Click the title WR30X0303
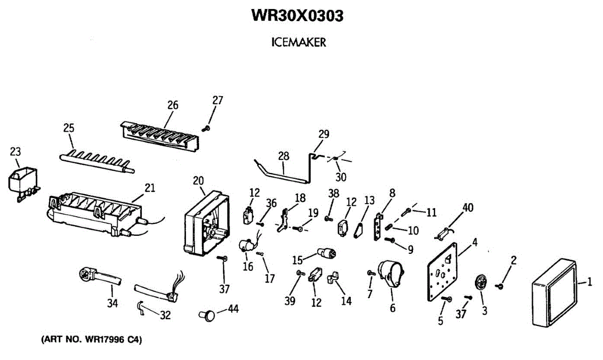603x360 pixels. click(x=297, y=16)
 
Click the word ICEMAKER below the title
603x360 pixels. click(x=298, y=42)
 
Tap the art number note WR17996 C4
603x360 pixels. click(x=91, y=339)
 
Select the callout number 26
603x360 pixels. click(x=173, y=105)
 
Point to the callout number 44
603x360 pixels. click(x=233, y=309)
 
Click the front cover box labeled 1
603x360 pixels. click(x=555, y=293)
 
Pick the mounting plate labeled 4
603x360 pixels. click(x=442, y=272)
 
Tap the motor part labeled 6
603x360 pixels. click(x=391, y=274)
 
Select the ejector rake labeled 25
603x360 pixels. click(x=97, y=161)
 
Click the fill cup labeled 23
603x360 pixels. click(x=24, y=184)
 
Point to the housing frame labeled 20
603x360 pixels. click(x=207, y=223)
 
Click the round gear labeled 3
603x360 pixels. click(x=480, y=282)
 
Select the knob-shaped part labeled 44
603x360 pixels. click(x=207, y=315)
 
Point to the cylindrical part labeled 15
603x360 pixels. click(x=326, y=253)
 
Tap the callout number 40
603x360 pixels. click(x=468, y=208)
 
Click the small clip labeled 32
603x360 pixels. click(x=141, y=308)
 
